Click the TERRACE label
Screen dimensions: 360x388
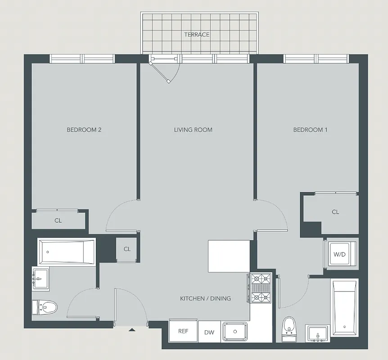[197, 35]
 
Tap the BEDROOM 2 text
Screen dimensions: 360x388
[84, 130]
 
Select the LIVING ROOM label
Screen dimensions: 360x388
[193, 130]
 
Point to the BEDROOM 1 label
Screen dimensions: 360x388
[310, 130]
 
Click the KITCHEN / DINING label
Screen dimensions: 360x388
[205, 298]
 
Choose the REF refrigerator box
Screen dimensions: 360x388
[183, 332]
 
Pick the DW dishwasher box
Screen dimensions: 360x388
[209, 332]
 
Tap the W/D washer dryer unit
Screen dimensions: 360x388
[339, 254]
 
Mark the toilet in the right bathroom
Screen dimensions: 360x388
[289, 327]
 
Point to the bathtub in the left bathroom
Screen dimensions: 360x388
[67, 252]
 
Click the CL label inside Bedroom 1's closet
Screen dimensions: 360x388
[335, 212]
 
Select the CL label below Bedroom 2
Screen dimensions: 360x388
[58, 221]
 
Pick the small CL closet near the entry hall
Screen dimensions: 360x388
[127, 249]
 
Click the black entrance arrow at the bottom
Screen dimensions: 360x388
[132, 330]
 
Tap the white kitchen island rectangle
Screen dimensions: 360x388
[229, 256]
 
